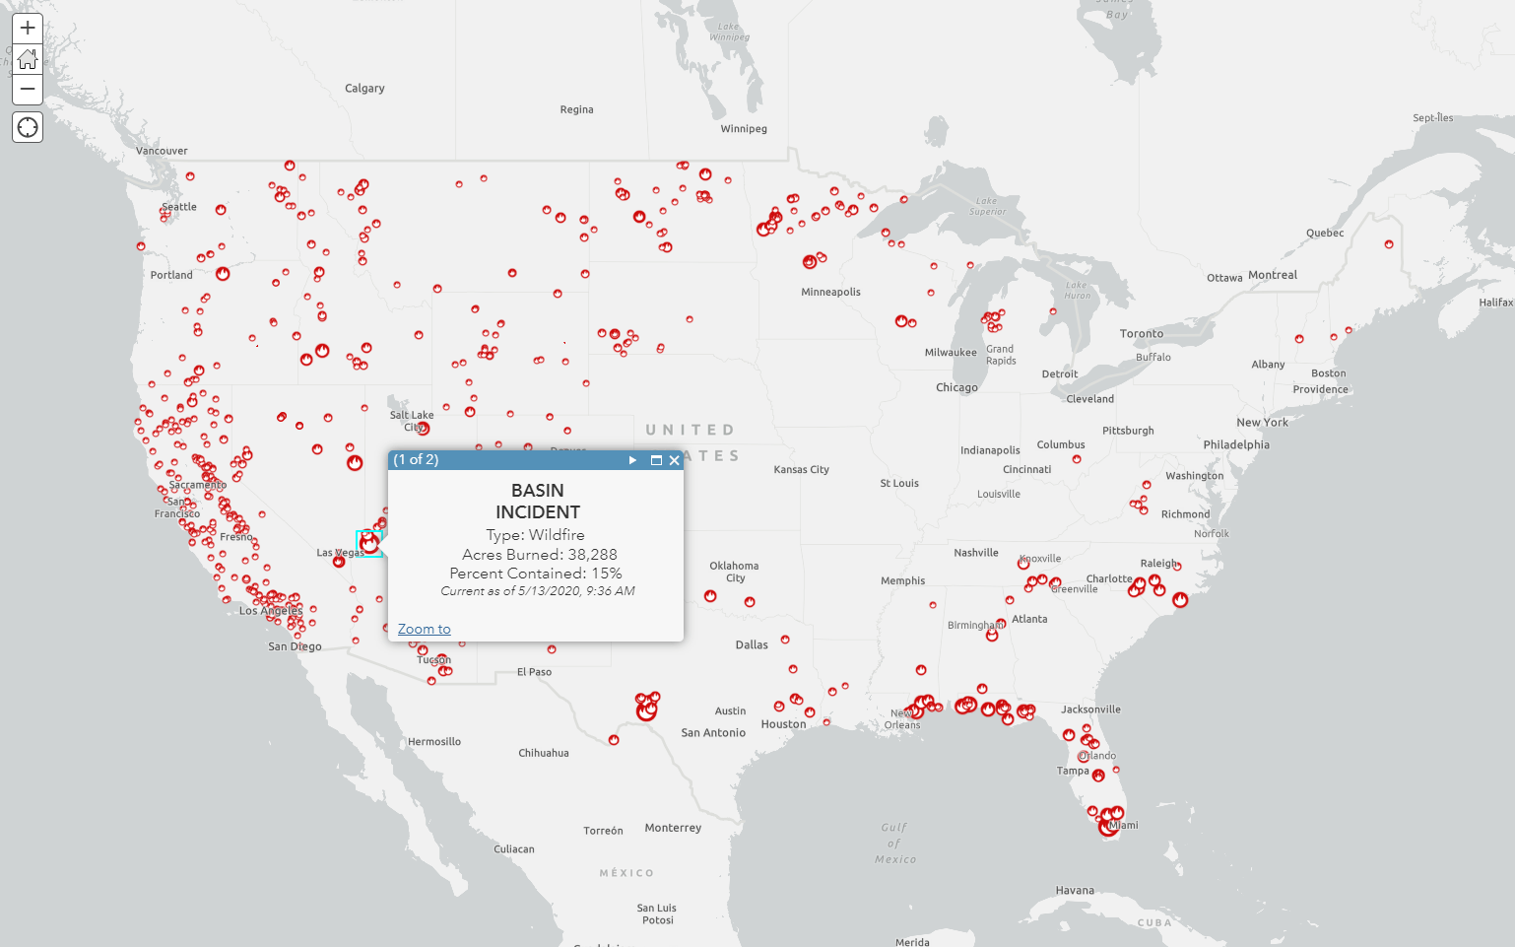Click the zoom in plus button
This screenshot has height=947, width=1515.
point(28,28)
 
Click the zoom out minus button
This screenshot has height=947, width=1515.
point(28,89)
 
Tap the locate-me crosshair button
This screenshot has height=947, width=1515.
point(28,127)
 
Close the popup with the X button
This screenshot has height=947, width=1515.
point(675,460)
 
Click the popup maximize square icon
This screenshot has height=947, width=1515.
point(656,460)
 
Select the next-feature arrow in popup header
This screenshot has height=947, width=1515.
point(632,460)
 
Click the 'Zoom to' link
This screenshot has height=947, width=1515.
point(424,629)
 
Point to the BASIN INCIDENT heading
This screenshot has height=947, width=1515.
point(538,501)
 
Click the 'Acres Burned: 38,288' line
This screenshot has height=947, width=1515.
point(539,555)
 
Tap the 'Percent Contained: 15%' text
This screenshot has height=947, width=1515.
point(535,574)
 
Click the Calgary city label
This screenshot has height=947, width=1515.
point(364,89)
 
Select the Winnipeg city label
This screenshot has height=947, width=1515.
point(744,129)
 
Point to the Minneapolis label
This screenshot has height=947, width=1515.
point(830,293)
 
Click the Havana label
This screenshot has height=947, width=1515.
point(1075,891)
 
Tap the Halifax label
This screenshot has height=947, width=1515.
point(1495,303)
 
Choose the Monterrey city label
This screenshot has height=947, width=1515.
point(673,828)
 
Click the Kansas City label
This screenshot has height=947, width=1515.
point(801,470)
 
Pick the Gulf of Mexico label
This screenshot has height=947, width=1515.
point(894,844)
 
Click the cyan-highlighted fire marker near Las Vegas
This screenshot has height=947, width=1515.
point(369,543)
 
